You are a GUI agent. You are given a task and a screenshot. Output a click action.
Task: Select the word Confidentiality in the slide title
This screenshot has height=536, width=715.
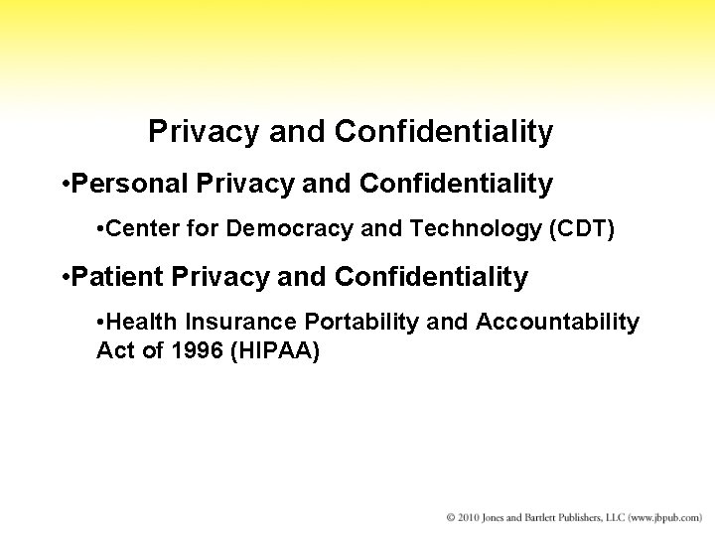tap(444, 131)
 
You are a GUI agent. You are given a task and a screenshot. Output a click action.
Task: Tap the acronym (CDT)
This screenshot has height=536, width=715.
tap(582, 230)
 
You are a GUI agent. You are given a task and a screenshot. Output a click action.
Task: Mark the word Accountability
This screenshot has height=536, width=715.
tap(558, 323)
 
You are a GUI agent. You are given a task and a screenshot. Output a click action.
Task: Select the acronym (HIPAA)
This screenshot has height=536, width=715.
tap(274, 351)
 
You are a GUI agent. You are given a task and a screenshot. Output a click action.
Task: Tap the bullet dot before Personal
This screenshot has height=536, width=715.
tap(63, 185)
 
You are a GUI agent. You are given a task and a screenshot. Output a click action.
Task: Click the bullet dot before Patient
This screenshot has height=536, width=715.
tap(63, 278)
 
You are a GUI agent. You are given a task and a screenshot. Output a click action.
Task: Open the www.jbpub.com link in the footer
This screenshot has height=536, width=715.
tap(666, 517)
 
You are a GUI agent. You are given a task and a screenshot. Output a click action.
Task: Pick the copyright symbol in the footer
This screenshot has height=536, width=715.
tap(451, 517)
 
